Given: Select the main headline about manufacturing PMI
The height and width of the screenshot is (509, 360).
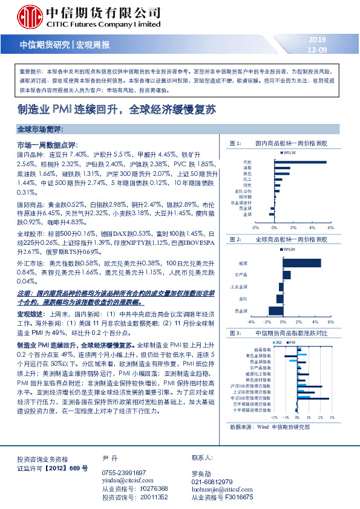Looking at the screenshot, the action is coord(133,111).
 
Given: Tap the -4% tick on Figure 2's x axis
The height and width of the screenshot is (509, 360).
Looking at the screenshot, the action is coord(249,323).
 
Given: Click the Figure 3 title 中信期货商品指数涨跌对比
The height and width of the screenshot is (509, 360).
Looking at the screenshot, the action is coord(288,333).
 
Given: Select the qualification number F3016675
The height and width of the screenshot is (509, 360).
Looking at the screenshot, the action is coord(231,497).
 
